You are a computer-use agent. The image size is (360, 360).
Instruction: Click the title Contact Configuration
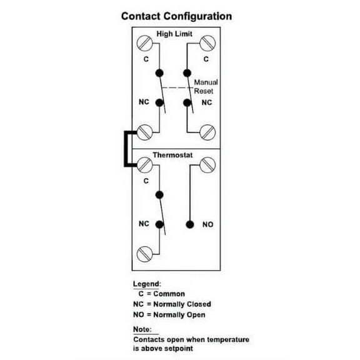[x=176, y=16]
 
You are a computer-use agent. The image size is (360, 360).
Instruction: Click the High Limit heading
[x=174, y=34]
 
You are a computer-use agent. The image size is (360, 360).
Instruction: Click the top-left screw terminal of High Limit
[x=144, y=44]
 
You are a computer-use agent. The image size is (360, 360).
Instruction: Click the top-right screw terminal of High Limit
[x=208, y=44]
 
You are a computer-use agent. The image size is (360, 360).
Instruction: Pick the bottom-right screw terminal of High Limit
[x=208, y=132]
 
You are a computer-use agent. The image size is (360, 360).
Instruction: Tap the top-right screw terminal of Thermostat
[x=208, y=164]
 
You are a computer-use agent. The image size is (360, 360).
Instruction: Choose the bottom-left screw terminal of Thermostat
[x=144, y=254]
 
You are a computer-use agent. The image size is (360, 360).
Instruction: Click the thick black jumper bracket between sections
[x=127, y=149]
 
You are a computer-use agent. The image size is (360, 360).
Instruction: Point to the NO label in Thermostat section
[x=207, y=224]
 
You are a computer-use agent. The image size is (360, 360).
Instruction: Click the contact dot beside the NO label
[x=189, y=224]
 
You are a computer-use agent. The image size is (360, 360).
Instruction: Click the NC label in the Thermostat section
[x=143, y=223]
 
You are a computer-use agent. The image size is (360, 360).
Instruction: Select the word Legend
[x=147, y=284]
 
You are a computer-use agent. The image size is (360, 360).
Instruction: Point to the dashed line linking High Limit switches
[x=175, y=87]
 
